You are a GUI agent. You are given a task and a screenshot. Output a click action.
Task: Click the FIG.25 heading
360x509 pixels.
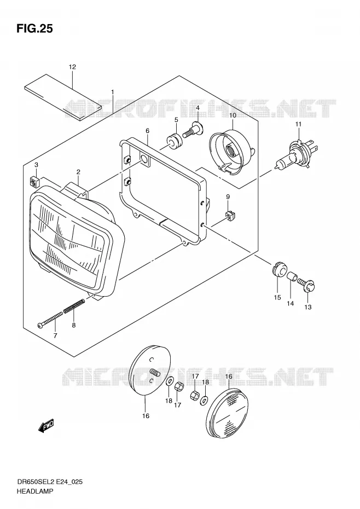(34, 29)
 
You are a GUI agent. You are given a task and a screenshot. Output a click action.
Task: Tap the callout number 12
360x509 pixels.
(72, 67)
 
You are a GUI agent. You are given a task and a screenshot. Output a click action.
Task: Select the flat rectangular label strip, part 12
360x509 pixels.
(63, 97)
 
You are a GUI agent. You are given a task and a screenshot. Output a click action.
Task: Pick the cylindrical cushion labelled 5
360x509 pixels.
(175, 142)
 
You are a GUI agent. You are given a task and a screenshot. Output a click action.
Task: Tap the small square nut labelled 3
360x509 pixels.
(34, 182)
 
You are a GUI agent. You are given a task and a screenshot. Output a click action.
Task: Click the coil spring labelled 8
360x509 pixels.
(74, 306)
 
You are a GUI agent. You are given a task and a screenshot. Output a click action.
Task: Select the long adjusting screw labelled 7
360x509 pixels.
(50, 320)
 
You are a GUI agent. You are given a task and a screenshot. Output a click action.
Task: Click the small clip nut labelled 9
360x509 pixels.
(229, 216)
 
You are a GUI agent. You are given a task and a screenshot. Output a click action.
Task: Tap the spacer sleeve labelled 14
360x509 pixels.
(293, 277)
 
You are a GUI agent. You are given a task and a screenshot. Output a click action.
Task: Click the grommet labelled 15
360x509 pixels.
(279, 269)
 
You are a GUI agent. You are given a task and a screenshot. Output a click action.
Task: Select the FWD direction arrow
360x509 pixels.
(46, 426)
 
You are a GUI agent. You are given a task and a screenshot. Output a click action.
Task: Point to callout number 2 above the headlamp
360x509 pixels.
(78, 172)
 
